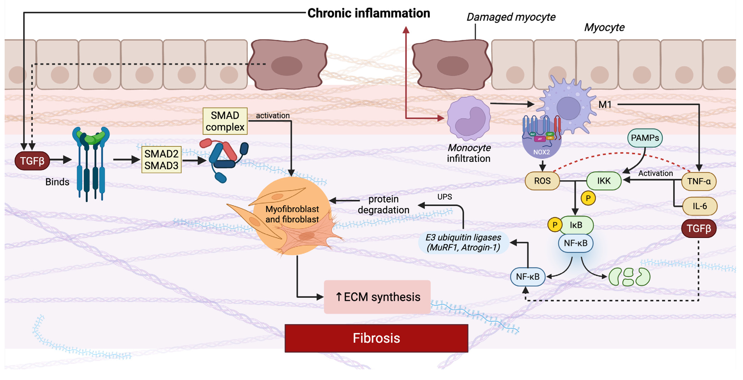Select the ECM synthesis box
377,297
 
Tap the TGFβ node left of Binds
32,161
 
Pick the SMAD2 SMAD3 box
161,160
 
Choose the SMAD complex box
225,121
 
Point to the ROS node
542,181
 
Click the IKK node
604,181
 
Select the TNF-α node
699,181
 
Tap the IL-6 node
700,206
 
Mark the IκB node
576,225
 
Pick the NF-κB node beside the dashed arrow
528,277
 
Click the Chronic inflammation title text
369,13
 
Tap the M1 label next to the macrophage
605,105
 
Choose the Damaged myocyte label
511,17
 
